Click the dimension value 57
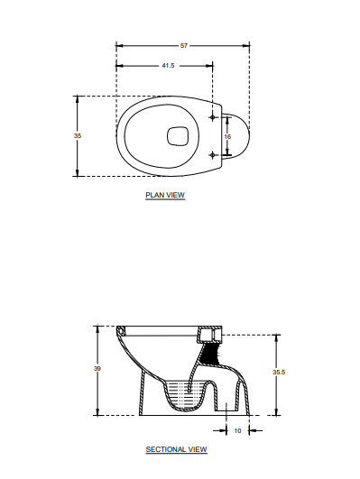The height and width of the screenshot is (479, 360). [x=184, y=44]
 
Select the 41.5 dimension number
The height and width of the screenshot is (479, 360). [x=168, y=66]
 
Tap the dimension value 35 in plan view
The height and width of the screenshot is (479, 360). [x=78, y=135]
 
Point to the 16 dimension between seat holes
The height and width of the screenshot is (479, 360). [x=227, y=136]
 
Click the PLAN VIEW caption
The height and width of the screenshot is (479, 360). [x=165, y=195]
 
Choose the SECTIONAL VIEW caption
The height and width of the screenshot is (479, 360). [x=176, y=448]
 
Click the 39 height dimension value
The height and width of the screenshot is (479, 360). [x=97, y=369]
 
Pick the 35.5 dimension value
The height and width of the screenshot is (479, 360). [x=279, y=372]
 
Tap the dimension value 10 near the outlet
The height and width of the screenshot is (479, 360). [x=237, y=430]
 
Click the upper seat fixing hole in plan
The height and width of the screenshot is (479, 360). [x=213, y=118]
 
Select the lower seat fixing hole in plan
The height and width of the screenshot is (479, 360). [x=213, y=154]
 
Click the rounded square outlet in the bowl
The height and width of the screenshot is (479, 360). [x=178, y=135]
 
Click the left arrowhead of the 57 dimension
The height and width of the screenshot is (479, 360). [x=119, y=44]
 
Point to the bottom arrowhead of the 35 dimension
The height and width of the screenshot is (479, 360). [x=78, y=174]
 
